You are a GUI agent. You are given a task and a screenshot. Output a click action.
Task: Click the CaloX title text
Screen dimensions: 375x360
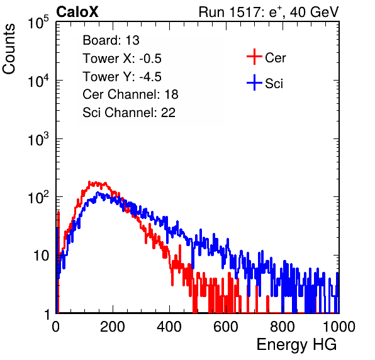(x=77, y=12)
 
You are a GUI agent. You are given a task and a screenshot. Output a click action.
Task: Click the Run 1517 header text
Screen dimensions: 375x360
(x=269, y=12)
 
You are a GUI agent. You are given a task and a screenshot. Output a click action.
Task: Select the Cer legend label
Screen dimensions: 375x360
(x=275, y=58)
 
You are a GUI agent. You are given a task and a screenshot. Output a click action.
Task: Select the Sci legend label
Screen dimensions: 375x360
(x=274, y=84)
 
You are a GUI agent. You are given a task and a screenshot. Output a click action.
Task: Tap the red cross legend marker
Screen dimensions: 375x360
(x=254, y=57)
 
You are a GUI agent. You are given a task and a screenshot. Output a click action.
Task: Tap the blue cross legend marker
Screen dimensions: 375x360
(x=254, y=82)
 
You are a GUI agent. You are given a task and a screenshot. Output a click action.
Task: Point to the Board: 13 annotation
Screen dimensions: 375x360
(x=111, y=40)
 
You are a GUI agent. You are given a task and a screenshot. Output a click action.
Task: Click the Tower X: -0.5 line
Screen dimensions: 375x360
(x=122, y=59)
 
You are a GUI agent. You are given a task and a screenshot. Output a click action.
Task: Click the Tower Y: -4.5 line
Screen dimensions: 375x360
(x=122, y=77)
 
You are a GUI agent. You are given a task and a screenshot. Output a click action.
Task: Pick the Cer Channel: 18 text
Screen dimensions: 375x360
(x=130, y=94)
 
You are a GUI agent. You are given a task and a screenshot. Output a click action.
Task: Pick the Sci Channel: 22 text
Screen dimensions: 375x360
(x=129, y=113)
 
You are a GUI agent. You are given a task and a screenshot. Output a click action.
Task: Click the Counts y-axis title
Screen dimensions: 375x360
(x=9, y=49)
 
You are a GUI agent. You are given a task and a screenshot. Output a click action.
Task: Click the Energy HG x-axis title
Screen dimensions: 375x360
(x=296, y=345)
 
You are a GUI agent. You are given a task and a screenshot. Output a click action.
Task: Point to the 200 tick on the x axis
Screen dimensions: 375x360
(x=113, y=327)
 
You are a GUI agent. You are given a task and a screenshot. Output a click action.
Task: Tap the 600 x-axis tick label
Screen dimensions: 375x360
(x=226, y=327)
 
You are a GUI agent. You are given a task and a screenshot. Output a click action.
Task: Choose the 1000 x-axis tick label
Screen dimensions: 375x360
(x=339, y=327)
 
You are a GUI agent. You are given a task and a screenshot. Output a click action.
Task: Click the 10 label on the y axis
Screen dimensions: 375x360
(x=42, y=256)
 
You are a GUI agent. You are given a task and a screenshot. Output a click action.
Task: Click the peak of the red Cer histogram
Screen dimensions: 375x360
(x=89, y=182)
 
